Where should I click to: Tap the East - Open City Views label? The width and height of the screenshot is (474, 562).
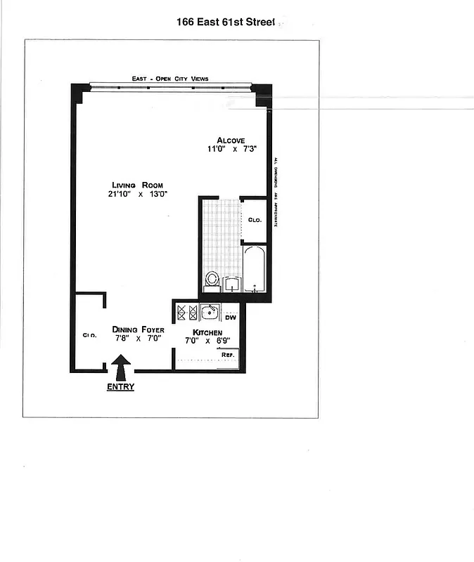170,79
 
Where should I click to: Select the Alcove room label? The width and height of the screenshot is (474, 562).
230,139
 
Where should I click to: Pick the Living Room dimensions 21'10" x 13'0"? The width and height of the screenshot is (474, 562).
137,194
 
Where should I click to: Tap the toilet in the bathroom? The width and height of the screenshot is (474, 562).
211,281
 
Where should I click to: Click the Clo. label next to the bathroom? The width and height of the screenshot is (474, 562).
255,220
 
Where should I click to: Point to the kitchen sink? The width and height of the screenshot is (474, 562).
210,312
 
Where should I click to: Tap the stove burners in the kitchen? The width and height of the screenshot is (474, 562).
186,312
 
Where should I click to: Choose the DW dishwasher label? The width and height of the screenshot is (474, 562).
230,318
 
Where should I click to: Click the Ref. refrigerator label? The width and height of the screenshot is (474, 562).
228,355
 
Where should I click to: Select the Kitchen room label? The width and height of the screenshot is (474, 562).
208,332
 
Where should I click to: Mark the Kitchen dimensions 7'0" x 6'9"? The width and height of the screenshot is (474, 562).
208,341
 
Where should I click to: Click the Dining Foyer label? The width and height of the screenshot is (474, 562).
138,329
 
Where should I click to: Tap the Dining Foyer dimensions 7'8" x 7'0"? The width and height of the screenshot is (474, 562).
138,339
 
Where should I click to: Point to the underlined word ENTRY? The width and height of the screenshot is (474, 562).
120,387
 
